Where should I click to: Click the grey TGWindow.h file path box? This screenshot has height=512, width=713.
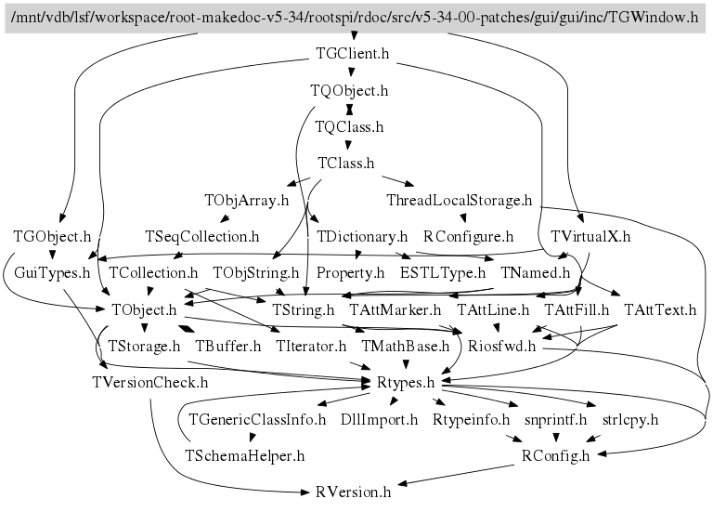click(x=356, y=18)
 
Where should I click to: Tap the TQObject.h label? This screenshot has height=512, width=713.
click(x=348, y=91)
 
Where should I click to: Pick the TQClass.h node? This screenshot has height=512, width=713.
click(x=349, y=127)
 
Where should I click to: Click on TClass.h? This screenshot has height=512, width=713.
click(x=345, y=164)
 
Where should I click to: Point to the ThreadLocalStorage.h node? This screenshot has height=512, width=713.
click(x=459, y=200)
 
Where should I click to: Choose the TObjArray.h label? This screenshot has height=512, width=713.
click(x=247, y=200)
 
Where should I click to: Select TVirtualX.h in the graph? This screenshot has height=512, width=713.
click(x=590, y=236)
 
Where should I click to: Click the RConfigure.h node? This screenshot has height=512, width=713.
click(x=468, y=236)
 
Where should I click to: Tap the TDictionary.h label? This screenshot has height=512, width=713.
click(x=362, y=236)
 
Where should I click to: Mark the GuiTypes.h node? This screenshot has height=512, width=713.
click(x=52, y=273)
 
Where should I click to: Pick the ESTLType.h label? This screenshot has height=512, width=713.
click(x=443, y=273)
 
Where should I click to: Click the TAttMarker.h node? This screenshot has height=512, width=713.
click(x=395, y=309)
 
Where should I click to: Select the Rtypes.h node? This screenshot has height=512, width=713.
click(x=406, y=382)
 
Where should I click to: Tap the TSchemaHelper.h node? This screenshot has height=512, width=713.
click(x=245, y=455)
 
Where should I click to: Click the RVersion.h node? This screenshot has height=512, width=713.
click(x=353, y=492)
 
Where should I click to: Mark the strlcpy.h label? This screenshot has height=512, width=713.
click(x=630, y=419)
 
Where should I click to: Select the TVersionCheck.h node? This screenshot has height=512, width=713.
click(x=149, y=382)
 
